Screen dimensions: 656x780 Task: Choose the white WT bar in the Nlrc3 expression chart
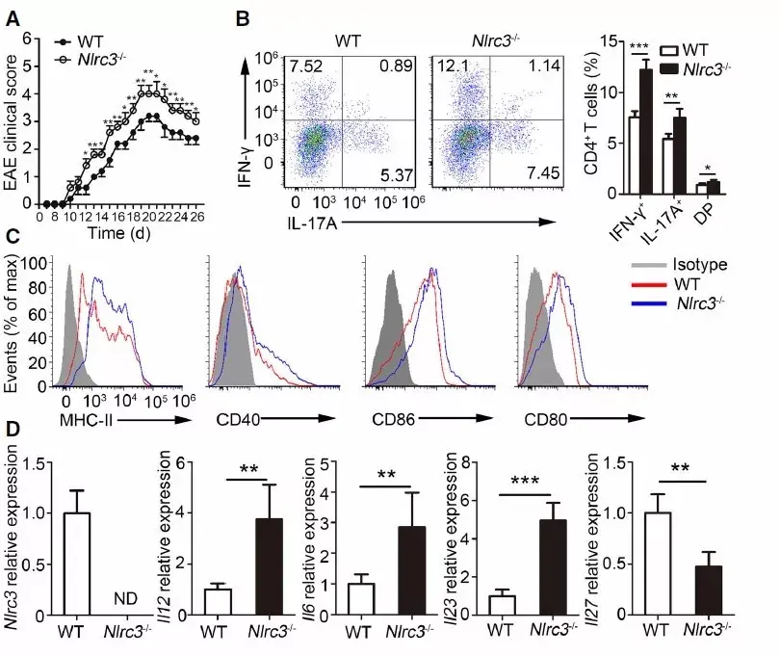[75, 564]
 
